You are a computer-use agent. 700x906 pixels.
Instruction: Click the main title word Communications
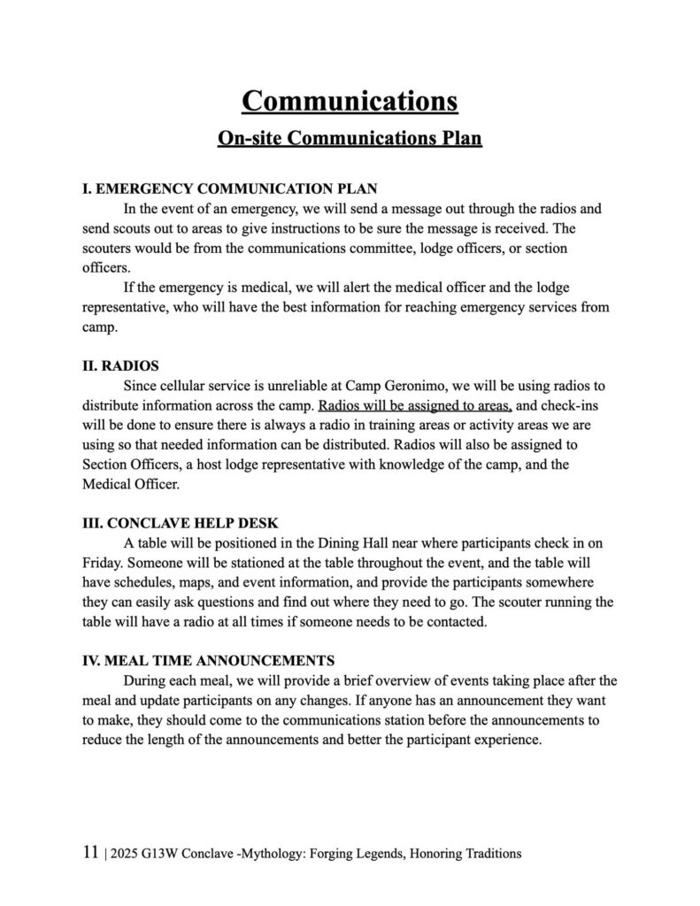(x=350, y=99)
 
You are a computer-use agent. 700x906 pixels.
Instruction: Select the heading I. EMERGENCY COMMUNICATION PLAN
(x=229, y=189)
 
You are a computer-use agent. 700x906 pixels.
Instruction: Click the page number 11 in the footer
(x=89, y=853)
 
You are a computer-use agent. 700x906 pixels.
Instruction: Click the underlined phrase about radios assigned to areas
(x=415, y=406)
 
